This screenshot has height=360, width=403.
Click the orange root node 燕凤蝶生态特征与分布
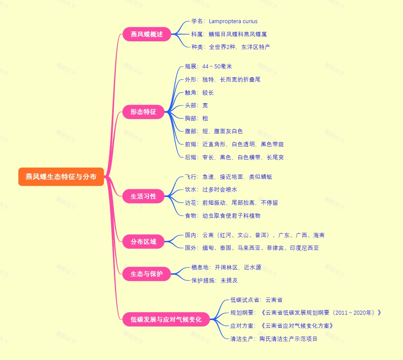click(61, 177)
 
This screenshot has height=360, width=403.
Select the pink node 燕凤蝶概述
click(147, 34)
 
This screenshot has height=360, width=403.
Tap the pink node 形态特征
click(143, 112)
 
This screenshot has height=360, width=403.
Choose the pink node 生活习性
click(143, 196)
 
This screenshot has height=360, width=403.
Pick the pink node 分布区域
click(143, 242)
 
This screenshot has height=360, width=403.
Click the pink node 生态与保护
click(147, 274)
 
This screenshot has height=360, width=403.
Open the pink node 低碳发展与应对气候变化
click(166, 319)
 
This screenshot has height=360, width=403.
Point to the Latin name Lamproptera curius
click(233, 21)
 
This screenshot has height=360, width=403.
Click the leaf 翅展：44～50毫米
click(208, 66)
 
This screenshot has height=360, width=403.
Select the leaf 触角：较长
click(199, 93)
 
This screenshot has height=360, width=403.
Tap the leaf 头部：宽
click(196, 105)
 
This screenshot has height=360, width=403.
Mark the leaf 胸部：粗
click(196, 118)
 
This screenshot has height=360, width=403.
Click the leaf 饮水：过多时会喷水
click(211, 190)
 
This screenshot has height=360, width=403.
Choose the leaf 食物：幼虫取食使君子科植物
click(223, 216)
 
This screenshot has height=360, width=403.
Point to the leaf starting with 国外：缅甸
click(252, 248)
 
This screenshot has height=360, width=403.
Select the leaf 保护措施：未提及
click(214, 280)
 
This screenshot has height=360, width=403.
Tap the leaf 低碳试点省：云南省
click(256, 300)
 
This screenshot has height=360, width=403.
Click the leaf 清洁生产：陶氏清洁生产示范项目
click(274, 339)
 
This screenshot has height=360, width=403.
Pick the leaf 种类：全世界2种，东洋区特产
click(231, 47)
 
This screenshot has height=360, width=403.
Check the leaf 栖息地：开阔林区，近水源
click(226, 267)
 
